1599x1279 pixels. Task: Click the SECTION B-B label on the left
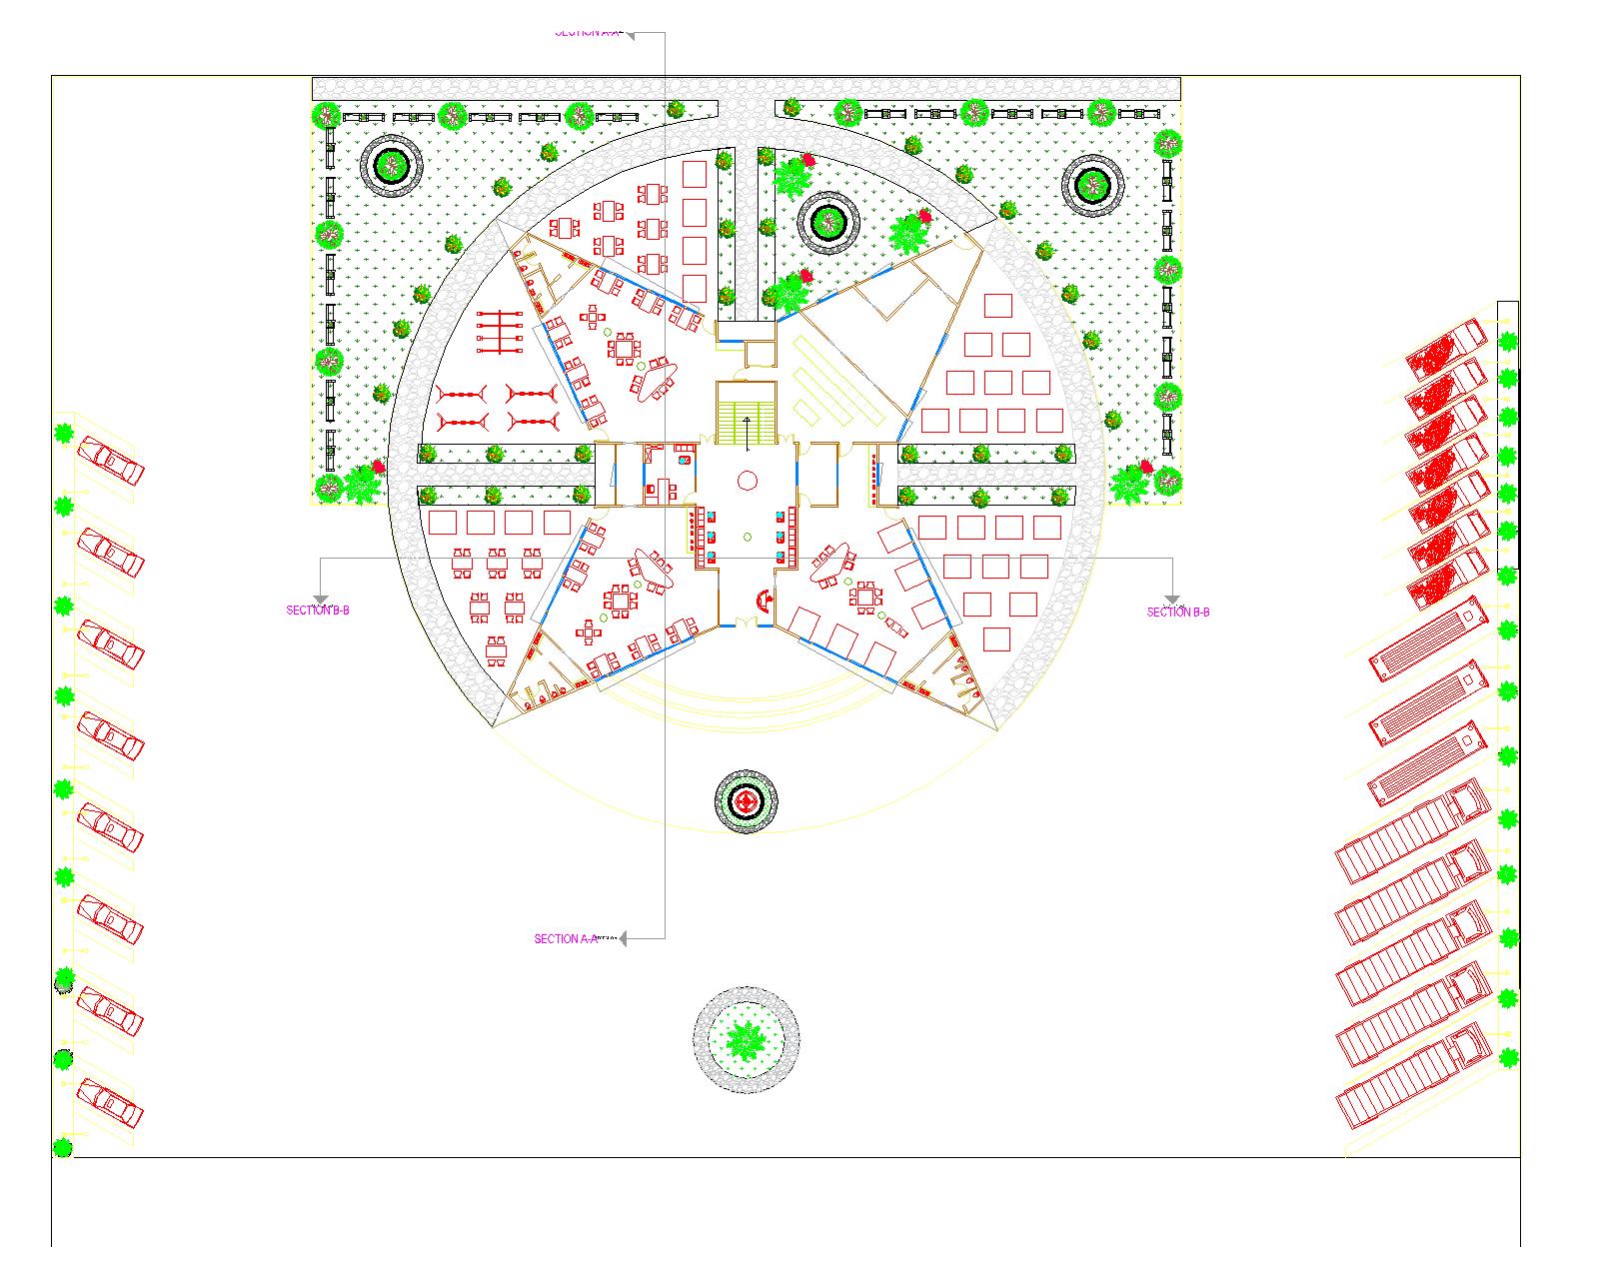318,610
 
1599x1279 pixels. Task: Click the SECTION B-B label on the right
1178,612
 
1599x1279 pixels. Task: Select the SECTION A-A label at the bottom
565,939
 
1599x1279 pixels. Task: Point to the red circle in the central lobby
747,481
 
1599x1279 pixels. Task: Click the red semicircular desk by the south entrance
765,600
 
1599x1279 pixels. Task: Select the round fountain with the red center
746,800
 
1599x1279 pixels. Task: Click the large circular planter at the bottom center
746,1040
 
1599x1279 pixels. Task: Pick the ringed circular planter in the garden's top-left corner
391,165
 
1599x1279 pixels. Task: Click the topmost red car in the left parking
110,461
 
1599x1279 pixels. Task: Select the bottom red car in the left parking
110,1103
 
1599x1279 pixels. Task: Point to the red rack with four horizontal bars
500,332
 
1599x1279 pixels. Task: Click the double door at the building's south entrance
747,625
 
